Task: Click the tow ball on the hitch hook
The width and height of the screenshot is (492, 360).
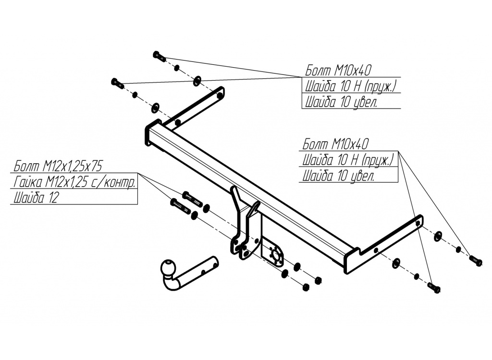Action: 169,268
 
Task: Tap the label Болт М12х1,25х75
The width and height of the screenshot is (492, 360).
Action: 58,167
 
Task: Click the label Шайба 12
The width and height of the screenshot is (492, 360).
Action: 36,198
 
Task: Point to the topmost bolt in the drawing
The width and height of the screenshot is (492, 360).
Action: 159,56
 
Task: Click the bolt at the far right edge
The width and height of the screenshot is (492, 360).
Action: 475,261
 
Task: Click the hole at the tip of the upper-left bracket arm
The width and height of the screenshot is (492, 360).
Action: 220,95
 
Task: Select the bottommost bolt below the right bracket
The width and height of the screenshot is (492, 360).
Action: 433,288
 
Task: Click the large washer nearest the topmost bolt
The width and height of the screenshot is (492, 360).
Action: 197,81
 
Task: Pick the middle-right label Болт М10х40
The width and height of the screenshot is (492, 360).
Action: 337,144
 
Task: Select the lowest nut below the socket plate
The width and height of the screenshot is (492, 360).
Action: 306,288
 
